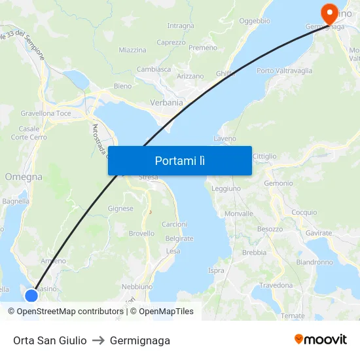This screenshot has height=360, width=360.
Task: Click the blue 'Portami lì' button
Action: click(x=179, y=160)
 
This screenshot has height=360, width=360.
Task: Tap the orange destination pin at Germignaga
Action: click(x=326, y=12)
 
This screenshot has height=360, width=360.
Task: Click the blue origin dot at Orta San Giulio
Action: click(x=31, y=296)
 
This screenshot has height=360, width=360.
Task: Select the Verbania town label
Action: click(x=167, y=102)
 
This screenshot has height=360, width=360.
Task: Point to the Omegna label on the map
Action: click(x=24, y=177)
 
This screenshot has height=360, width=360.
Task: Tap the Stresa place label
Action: click(x=149, y=177)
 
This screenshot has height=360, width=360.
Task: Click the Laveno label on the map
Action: click(x=225, y=139)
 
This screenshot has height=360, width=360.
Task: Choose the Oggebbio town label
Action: click(x=255, y=21)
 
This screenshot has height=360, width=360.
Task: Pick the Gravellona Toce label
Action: click(x=46, y=113)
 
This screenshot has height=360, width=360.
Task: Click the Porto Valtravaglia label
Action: click(x=284, y=71)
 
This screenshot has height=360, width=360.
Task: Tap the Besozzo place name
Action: click(x=270, y=229)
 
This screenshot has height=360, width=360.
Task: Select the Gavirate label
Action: click(x=319, y=233)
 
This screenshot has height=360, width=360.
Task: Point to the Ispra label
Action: click(x=216, y=270)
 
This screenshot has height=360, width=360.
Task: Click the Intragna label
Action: click(x=181, y=26)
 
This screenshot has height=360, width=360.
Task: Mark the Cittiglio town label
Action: click(x=264, y=156)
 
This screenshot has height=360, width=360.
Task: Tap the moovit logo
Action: click(x=321, y=340)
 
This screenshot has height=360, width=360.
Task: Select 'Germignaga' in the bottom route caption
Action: click(x=140, y=340)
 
